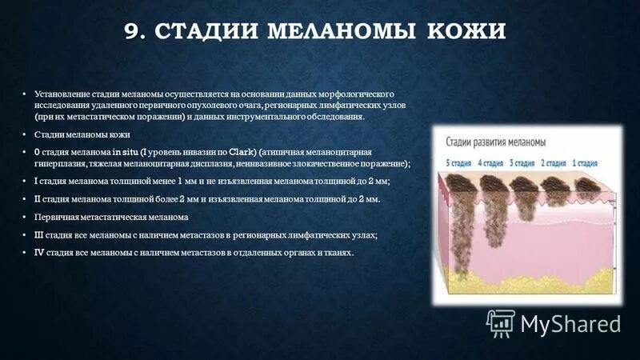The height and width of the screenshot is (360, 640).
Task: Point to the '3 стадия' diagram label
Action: [525, 162]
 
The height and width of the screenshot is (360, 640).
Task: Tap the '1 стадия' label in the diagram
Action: [587, 162]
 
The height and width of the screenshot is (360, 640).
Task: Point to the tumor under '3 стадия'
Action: [525, 197]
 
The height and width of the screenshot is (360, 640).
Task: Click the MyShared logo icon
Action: [500, 323]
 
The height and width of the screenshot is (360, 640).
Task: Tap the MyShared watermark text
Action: [570, 324]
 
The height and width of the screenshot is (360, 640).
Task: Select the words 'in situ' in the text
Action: [122, 151]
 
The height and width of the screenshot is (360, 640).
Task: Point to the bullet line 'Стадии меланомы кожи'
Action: [78, 134]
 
